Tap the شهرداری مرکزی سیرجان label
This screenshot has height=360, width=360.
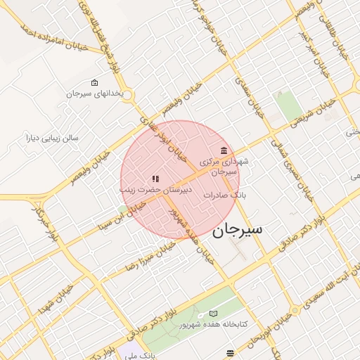225,166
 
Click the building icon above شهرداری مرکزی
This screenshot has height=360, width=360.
224,150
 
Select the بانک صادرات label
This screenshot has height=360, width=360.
225,195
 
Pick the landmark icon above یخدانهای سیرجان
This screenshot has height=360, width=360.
95,82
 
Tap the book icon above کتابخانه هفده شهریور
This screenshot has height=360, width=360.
214,313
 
